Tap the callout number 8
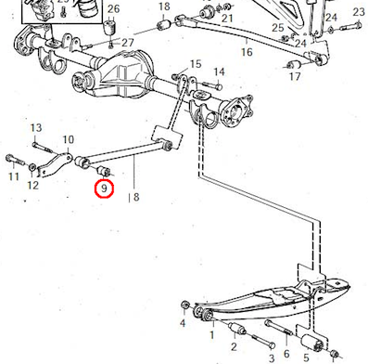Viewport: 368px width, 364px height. (x=136, y=197)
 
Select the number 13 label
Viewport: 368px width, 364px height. (x=36, y=128)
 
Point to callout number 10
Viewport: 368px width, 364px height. (x=69, y=139)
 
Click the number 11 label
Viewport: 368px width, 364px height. (x=14, y=176)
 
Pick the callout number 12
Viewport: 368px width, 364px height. (x=33, y=186)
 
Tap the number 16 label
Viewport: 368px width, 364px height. (x=247, y=52)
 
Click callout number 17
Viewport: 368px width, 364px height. (x=295, y=76)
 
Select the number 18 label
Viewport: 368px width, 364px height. (x=164, y=6)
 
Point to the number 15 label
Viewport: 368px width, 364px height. (x=196, y=64)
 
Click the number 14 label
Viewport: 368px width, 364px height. (x=219, y=72)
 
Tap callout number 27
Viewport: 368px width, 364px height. (x=128, y=43)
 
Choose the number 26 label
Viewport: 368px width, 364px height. (x=113, y=8)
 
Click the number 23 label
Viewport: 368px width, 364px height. (x=359, y=12)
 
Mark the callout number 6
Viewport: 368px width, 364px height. (x=286, y=354)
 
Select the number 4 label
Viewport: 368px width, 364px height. (x=183, y=323)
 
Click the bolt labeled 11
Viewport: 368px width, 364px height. (x=15, y=160)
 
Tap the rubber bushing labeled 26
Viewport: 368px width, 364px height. (x=109, y=27)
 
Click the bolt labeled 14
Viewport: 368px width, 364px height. (x=212, y=84)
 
